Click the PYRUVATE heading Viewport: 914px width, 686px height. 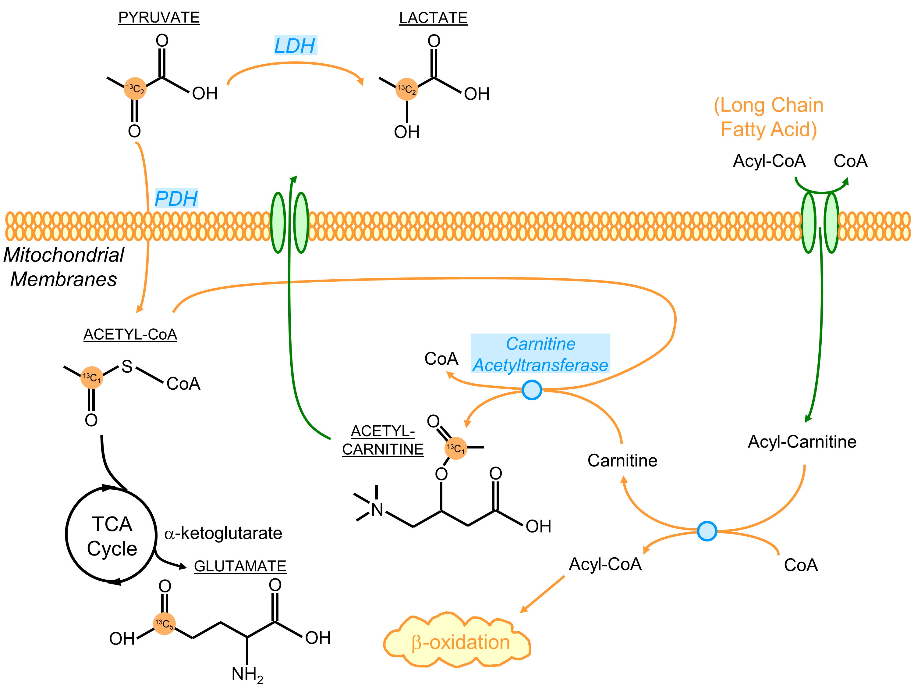[159, 18]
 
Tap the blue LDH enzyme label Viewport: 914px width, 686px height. [295, 45]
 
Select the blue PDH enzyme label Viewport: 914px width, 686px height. [176, 198]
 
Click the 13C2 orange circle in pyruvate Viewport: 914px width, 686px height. [135, 88]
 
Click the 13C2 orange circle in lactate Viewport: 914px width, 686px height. [407, 89]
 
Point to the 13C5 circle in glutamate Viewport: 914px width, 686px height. [164, 623]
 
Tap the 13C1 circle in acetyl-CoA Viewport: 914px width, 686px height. [91, 377]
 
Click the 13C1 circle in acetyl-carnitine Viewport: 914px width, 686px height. [455, 448]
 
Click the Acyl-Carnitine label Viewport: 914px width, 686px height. [802, 441]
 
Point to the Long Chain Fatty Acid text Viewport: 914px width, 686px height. [769, 117]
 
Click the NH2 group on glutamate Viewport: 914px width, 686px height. [247, 674]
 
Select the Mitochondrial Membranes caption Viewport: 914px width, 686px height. [64, 267]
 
